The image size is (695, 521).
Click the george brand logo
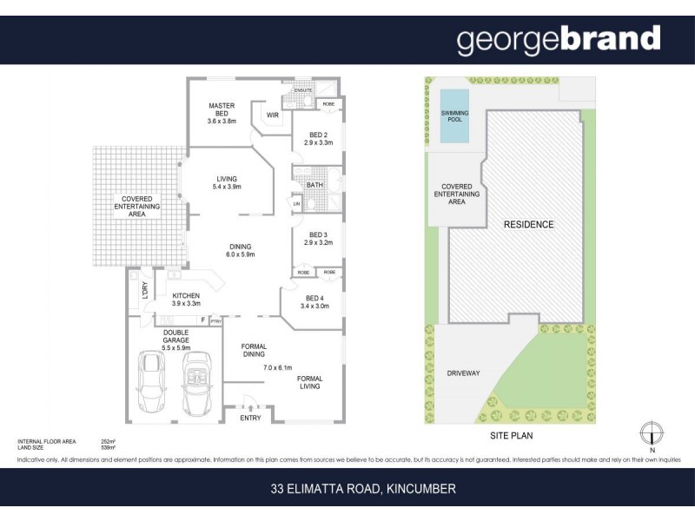tap(559, 39)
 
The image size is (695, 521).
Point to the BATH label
tap(314, 185)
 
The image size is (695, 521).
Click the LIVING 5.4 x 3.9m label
tap(226, 182)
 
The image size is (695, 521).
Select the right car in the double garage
tap(197, 383)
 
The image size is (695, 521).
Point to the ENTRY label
tap(250, 419)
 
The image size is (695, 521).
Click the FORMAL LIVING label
tap(309, 383)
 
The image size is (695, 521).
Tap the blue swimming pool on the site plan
tap(454, 115)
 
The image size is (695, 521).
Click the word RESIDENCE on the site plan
tap(528, 225)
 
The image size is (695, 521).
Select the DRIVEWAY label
tap(462, 373)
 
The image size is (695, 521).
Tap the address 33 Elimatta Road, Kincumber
tap(362, 489)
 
